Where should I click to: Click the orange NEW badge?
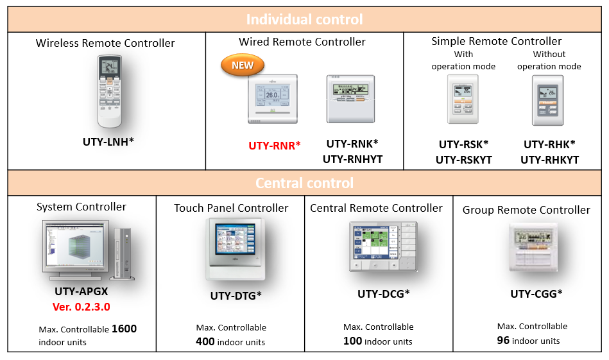(x=243, y=65)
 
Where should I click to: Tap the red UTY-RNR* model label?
(x=275, y=146)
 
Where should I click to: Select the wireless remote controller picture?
(x=109, y=90)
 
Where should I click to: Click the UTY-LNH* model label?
(x=108, y=141)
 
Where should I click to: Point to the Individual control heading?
(x=304, y=19)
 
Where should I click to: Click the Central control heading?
(x=304, y=183)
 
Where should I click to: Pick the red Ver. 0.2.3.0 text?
(x=81, y=307)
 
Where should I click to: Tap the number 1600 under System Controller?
(x=124, y=329)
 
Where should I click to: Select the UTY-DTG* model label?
(x=236, y=296)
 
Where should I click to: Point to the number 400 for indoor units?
(x=205, y=341)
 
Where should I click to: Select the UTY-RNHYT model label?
(x=352, y=159)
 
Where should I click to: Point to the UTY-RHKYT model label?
(x=549, y=160)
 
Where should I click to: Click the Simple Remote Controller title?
(x=496, y=41)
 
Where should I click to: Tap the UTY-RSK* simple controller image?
(x=463, y=99)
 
